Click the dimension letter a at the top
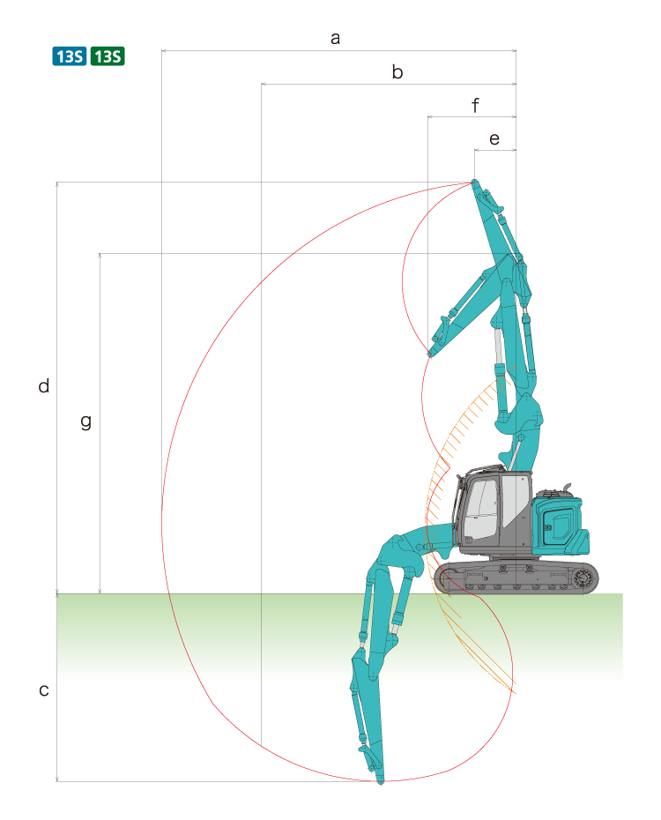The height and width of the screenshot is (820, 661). pyautogui.click(x=336, y=38)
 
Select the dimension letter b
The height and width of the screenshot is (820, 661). pyautogui.click(x=397, y=71)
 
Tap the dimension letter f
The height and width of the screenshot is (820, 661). pyautogui.click(x=475, y=105)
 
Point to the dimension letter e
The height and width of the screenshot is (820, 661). pyautogui.click(x=494, y=139)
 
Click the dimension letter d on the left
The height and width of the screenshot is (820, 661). pyautogui.click(x=44, y=385)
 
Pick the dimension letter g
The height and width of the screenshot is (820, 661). pyautogui.click(x=86, y=421)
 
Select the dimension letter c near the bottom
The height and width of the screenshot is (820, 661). pyautogui.click(x=44, y=690)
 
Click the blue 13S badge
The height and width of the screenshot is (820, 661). pyautogui.click(x=70, y=56)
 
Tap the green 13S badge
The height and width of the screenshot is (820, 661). pyautogui.click(x=108, y=56)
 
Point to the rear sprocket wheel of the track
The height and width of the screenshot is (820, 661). pyautogui.click(x=582, y=578)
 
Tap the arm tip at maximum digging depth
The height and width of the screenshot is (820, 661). pyautogui.click(x=381, y=781)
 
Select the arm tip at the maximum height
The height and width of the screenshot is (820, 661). pyautogui.click(x=474, y=183)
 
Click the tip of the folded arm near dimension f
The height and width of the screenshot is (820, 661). pyautogui.click(x=429, y=354)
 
